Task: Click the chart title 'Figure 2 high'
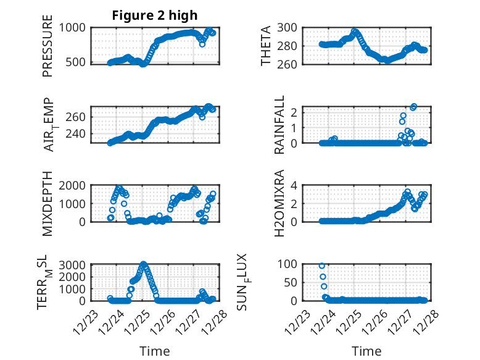[x=155, y=15]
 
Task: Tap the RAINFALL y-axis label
[x=279, y=125]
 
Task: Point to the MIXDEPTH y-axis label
[x=48, y=203]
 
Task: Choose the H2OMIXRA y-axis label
[x=279, y=203]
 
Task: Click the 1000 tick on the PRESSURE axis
[x=75, y=27]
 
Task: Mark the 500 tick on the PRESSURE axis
[x=78, y=62]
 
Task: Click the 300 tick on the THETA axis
[x=289, y=27]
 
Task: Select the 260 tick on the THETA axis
[x=289, y=64]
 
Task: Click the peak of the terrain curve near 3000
[x=144, y=264]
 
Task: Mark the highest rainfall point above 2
[x=414, y=107]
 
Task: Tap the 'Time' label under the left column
[x=155, y=351]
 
